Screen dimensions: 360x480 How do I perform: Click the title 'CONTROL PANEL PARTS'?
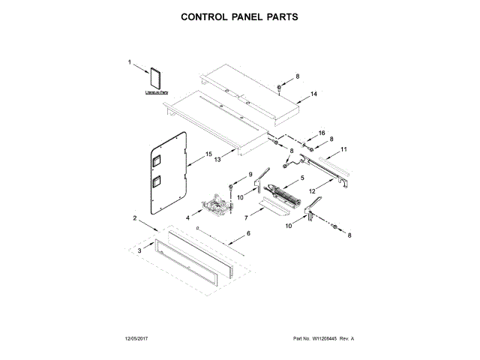239,16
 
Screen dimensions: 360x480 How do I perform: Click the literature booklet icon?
157,78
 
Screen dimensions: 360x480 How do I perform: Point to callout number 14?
313,94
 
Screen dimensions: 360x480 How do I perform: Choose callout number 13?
217,159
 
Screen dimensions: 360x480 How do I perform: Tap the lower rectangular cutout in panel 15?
157,182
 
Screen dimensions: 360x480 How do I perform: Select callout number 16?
322,133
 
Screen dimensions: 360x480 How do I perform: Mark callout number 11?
344,150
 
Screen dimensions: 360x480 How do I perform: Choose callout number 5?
302,178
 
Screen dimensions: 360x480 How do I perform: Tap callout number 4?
187,217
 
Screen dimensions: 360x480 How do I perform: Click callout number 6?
250,235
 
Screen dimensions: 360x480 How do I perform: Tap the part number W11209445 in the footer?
324,339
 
